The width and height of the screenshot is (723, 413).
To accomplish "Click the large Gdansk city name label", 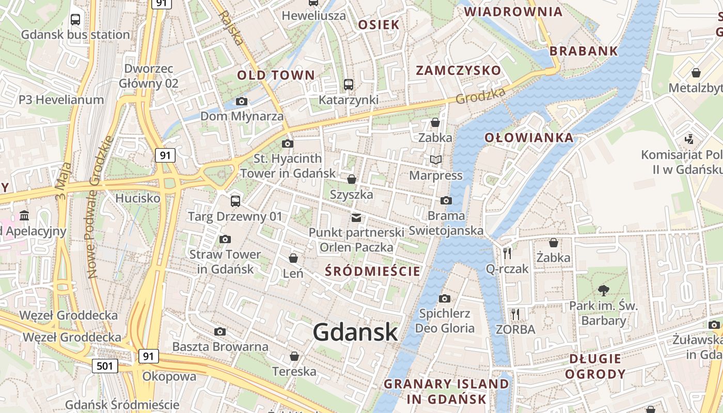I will coord(355,332).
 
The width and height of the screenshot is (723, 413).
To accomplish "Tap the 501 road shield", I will coord(105,366).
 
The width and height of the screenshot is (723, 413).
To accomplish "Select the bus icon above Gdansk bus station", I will coord(75,20).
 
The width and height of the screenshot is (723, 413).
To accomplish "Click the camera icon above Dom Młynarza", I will coord(241,101).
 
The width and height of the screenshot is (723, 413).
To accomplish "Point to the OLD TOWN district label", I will coord(276,75).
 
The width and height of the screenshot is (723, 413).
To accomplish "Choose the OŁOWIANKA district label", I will coord(529,137).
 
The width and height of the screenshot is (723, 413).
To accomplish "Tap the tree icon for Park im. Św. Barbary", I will coord(603,290).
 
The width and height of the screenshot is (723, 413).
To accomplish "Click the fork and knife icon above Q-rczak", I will coord(507,253).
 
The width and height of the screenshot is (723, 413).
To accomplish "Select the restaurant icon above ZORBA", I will coord(515,314).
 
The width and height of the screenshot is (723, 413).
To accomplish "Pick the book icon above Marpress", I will coord(436,160).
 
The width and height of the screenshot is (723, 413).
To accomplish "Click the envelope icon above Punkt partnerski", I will coord(356,217).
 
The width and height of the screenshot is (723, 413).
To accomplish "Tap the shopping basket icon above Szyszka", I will coord(352,179).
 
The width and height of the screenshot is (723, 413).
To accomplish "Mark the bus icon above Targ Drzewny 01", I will coord(235,200).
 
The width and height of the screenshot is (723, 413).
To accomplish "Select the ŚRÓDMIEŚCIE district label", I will coord(372,271).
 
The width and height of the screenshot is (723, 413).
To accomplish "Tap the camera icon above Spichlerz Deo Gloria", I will coord(445,298).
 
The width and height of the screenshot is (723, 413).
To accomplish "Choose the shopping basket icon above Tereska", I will coord(294,356).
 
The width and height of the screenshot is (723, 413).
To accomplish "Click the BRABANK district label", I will coord(584,51).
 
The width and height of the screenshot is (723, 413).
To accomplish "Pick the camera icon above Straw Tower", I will coord(225,239).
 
